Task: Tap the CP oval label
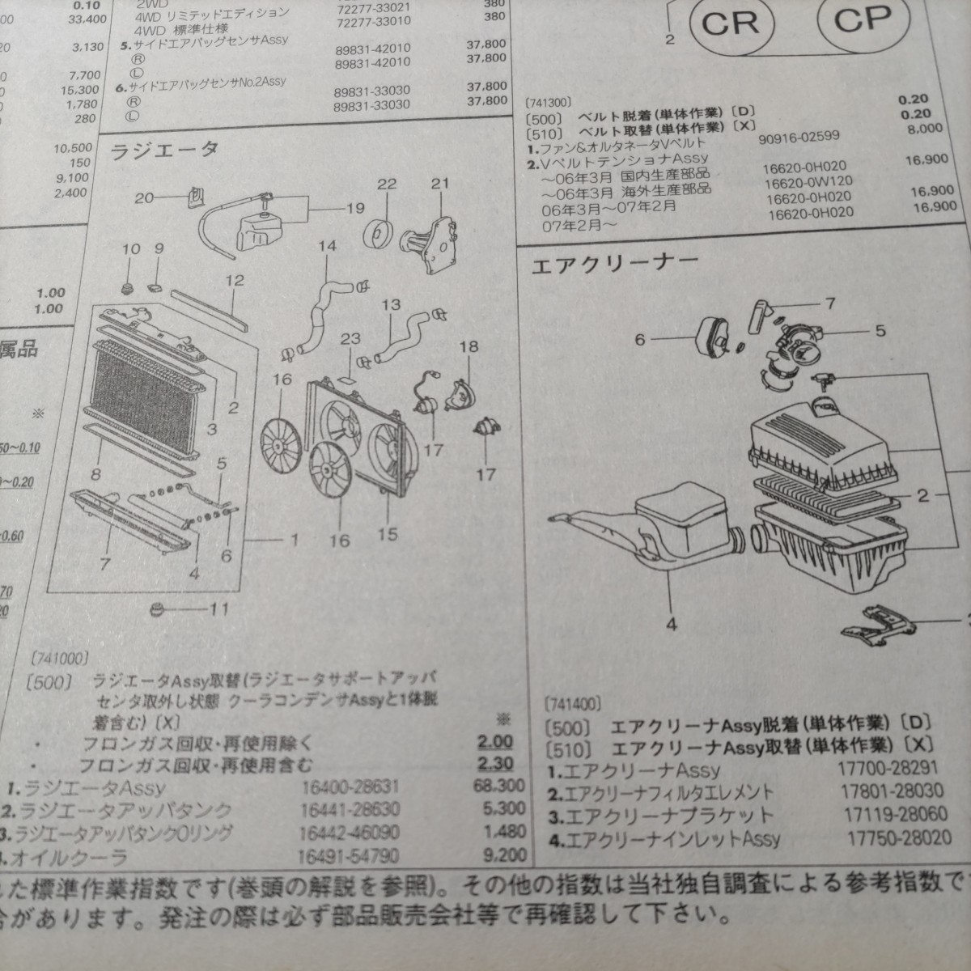pos(861,19)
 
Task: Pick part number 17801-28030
pos(888,793)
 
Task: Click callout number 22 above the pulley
pos(387,184)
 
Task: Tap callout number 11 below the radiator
pos(218,608)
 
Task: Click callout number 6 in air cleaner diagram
pos(641,340)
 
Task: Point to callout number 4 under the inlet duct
pos(672,623)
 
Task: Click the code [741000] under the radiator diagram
pos(61,659)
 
